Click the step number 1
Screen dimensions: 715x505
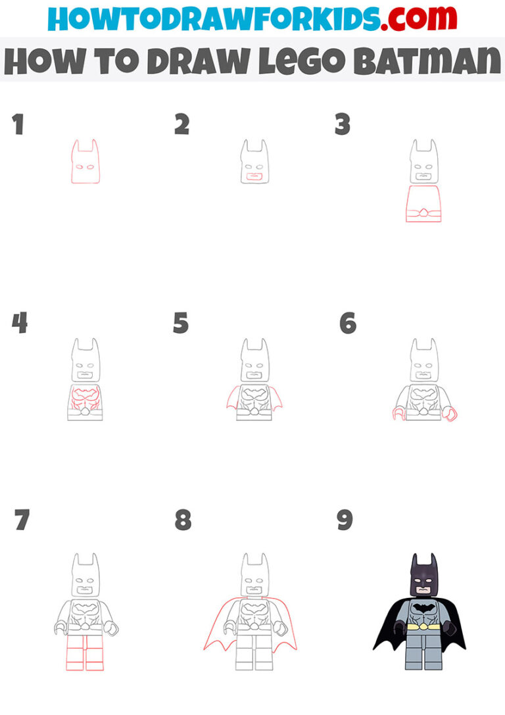click(x=18, y=124)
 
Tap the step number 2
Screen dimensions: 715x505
click(x=181, y=124)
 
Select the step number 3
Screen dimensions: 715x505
click(x=342, y=124)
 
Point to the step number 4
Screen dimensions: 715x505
click(x=19, y=323)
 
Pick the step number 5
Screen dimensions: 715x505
click(x=181, y=323)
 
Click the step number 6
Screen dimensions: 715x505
click(x=347, y=323)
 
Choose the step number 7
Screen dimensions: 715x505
click(x=22, y=520)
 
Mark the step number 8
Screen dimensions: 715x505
click(x=182, y=520)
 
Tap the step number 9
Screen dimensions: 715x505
click(x=345, y=520)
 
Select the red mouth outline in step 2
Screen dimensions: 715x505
click(x=252, y=176)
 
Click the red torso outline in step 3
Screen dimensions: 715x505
click(x=423, y=204)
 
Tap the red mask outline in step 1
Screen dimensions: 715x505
click(x=85, y=163)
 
